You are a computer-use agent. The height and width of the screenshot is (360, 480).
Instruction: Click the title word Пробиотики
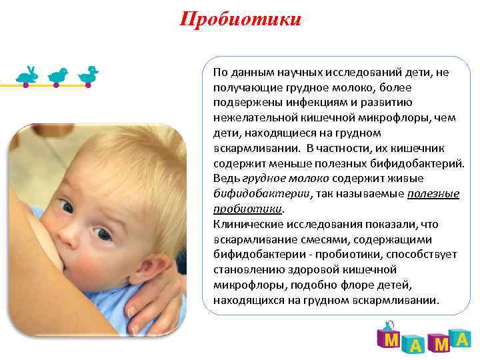[x=240, y=19]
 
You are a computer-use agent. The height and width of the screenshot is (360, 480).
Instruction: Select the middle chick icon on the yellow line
[x=59, y=76]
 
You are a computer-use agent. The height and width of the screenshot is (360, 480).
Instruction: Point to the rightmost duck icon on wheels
[x=88, y=75]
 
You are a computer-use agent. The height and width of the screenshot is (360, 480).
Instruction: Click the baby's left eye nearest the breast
[x=66, y=207]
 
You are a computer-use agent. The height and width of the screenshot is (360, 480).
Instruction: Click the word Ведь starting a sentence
[x=223, y=178]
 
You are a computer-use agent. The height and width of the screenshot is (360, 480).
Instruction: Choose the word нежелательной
[x=250, y=118]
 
